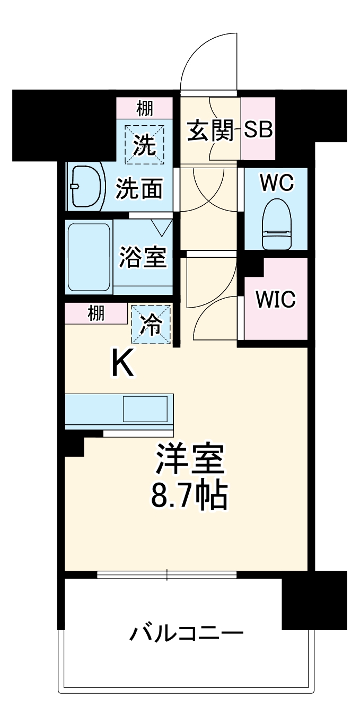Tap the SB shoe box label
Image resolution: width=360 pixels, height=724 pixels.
pyautogui.click(x=258, y=130)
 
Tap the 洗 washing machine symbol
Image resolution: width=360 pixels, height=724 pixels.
pyautogui.click(x=144, y=144)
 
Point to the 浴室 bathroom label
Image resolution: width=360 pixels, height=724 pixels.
pyautogui.click(x=143, y=257)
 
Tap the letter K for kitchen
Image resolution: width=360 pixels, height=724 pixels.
pyautogui.click(x=122, y=364)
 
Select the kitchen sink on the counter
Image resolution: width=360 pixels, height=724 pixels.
pyautogui.click(x=145, y=409)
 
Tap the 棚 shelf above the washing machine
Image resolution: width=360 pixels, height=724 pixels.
pyautogui.click(x=144, y=108)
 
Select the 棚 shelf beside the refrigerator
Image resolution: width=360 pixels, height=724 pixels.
pyautogui.click(x=96, y=314)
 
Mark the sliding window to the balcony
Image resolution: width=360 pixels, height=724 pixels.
pyautogui.click(x=167, y=574)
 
